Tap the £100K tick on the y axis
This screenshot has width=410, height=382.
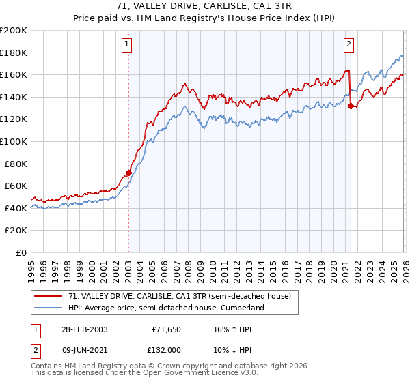pos(14,141)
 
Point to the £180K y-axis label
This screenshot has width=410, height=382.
pos(14,53)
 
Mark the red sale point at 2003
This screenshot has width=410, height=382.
pos(128,173)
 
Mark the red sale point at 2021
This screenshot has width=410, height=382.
pos(351,106)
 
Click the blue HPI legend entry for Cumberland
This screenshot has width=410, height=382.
pos(165,308)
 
